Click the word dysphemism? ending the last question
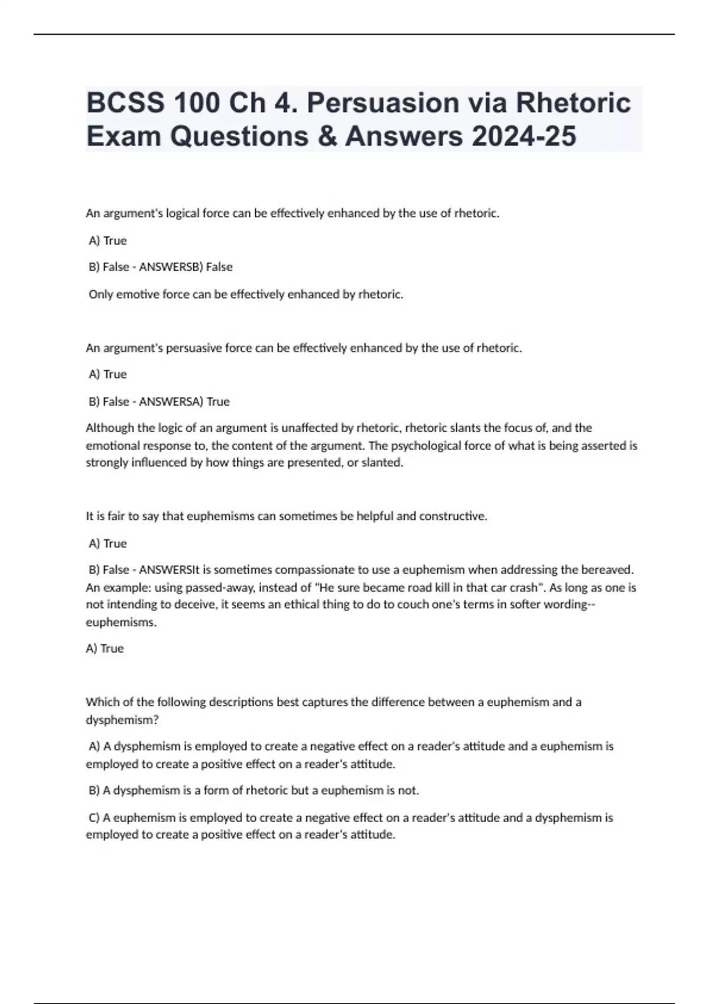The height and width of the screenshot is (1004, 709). (122, 720)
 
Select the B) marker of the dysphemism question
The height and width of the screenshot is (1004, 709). (95, 790)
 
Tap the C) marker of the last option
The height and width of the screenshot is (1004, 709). (95, 817)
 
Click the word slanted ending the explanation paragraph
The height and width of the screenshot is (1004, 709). (383, 462)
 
